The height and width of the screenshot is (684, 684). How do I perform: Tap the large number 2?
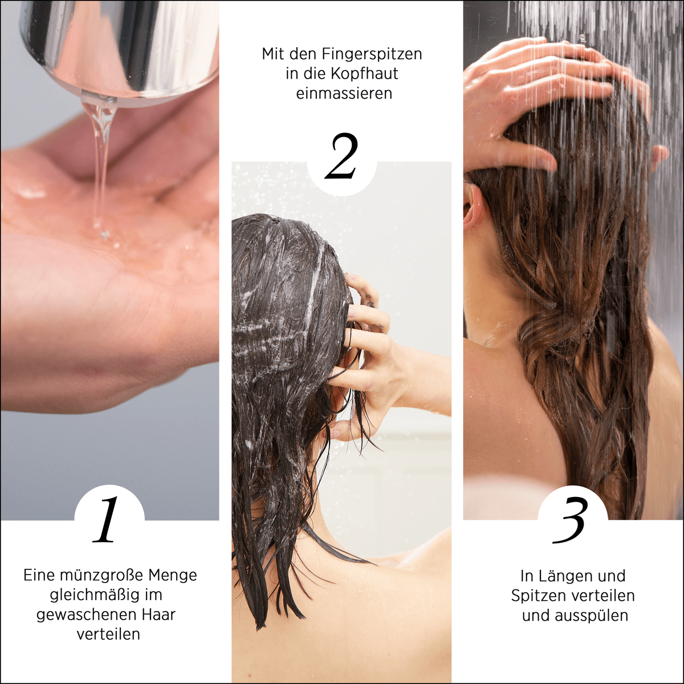[341, 157]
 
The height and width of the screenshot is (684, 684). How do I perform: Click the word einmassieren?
[344, 93]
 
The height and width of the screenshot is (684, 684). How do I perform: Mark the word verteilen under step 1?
[108, 634]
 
